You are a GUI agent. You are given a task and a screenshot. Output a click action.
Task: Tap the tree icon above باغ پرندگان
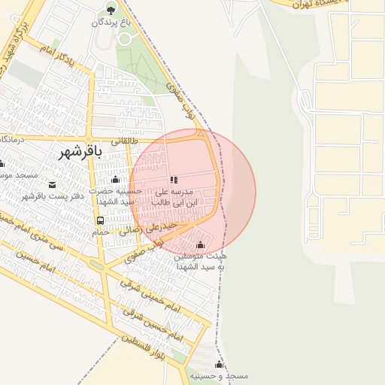click(111, 10)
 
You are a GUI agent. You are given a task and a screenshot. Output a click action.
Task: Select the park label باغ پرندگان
click(111, 23)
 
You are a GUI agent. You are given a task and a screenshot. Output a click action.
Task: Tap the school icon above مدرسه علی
click(174, 180)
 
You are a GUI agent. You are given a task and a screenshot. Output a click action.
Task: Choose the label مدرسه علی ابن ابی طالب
click(174, 197)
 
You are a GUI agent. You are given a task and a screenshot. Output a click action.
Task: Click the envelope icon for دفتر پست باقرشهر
click(51, 185)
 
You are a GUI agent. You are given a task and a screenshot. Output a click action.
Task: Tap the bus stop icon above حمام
click(100, 220)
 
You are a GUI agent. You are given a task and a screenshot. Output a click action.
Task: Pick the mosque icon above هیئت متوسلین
click(200, 244)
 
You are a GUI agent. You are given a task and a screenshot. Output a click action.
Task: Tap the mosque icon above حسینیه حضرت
click(115, 179)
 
